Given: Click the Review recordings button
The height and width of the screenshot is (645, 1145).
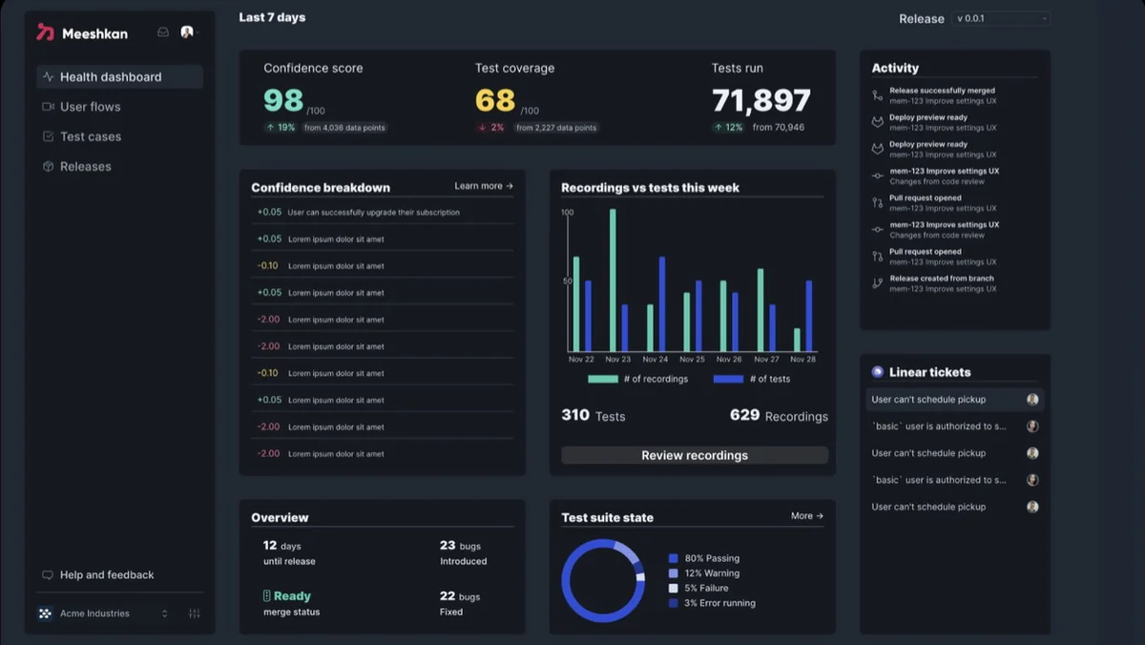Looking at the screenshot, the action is [695, 455].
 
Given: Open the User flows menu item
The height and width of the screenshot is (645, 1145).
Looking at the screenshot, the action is [90, 107].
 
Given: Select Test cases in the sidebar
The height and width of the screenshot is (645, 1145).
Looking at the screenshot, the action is [91, 136].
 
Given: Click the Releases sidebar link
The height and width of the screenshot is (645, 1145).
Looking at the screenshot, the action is [85, 167].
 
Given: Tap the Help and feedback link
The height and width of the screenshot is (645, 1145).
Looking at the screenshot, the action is [106, 575].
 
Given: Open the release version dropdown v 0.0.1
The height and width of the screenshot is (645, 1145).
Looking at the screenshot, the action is [1000, 18].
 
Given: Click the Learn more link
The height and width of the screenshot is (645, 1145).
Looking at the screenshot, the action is [484, 186].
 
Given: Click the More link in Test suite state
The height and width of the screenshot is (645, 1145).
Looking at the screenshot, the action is [807, 516].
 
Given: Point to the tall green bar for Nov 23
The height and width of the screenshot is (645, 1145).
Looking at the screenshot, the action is [613, 281].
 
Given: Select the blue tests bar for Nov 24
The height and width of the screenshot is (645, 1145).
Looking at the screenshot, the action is [662, 304].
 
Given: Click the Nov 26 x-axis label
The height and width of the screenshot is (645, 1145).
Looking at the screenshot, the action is [728, 360].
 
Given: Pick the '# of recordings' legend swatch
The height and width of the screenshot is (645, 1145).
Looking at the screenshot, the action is [603, 379].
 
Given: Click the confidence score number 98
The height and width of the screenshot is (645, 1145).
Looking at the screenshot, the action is [283, 100].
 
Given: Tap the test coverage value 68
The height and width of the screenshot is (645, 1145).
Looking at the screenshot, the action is [495, 100].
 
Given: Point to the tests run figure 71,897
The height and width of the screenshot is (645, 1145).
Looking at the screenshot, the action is [761, 100].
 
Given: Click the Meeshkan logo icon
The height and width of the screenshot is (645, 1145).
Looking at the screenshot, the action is [45, 32].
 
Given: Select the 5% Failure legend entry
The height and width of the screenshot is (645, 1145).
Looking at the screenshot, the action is [698, 589].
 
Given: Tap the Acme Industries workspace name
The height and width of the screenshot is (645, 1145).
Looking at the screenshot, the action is [94, 614].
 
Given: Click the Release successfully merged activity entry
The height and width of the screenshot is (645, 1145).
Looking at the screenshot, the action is [942, 95].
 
